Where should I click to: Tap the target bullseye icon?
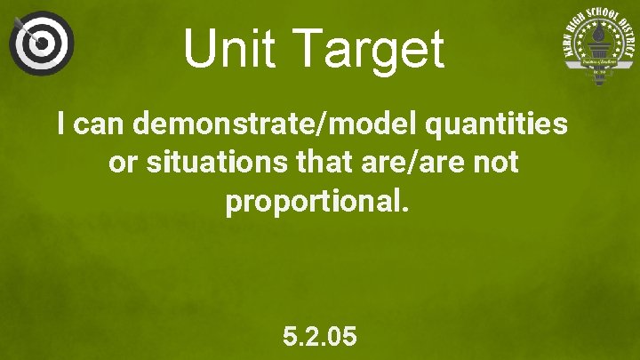tap(41, 42)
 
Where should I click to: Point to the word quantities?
tap(497, 124)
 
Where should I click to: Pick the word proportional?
tap(316, 202)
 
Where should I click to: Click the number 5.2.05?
tap(320, 337)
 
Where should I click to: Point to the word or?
tap(121, 163)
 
